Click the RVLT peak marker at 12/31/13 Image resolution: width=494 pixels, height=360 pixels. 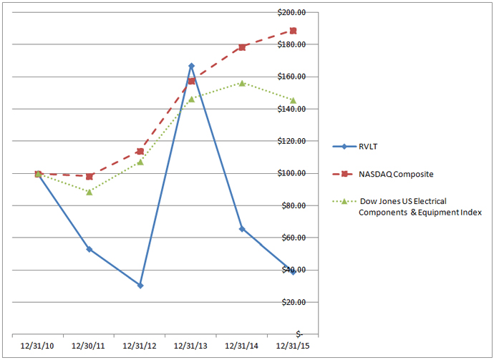[x=191, y=66]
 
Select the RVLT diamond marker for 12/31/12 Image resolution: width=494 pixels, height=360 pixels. [x=140, y=286]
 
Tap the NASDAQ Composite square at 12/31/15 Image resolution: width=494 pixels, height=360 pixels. [x=294, y=31]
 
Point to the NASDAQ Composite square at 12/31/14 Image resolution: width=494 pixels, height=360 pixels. [x=242, y=47]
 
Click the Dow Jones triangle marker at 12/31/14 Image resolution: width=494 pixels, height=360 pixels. [x=242, y=83]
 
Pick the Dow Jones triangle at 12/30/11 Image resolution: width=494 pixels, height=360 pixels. [x=89, y=192]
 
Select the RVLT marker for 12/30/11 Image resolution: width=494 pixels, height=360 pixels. [x=89, y=249]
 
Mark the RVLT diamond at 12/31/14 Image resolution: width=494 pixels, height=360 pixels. [x=242, y=229]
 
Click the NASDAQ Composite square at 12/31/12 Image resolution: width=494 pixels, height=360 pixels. [x=140, y=152]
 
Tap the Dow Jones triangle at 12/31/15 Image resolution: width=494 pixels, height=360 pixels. [x=294, y=100]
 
